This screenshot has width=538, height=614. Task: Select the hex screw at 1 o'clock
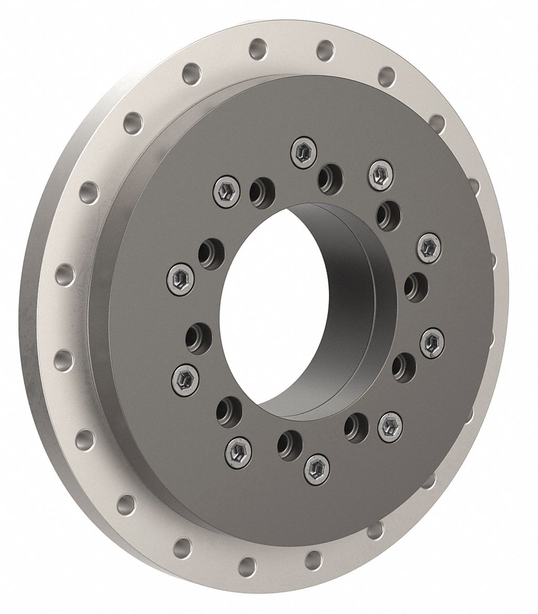click(379, 173)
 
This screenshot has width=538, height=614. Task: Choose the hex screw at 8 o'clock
click(183, 376)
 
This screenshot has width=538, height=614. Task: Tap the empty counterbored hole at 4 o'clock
click(403, 365)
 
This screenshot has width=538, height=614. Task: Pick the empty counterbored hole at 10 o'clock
click(212, 252)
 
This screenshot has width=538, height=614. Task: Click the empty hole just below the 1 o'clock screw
click(388, 214)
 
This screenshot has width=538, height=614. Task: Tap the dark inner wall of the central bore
click(342, 294)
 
